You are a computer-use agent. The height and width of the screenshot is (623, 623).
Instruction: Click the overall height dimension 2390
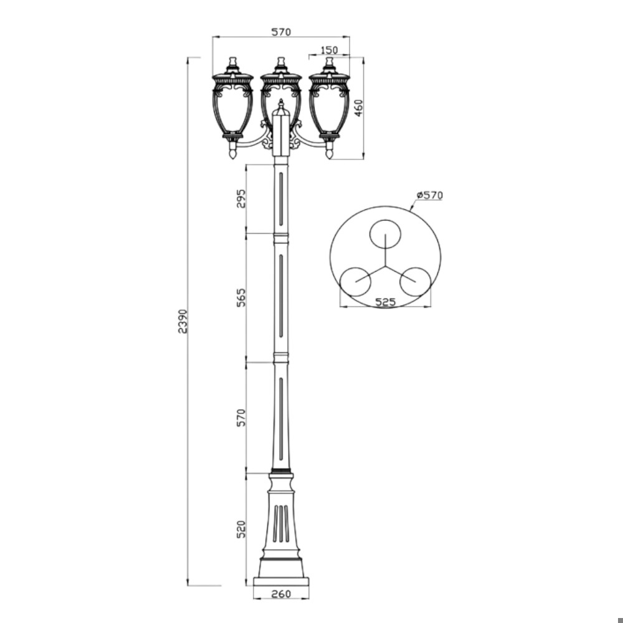183,321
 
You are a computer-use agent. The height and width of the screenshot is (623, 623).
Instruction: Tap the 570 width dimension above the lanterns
282,32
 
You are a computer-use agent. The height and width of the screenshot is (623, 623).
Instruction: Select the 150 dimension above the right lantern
329,50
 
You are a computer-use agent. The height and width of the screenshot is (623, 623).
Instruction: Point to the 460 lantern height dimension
358,108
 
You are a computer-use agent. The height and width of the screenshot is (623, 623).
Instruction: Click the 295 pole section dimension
241,198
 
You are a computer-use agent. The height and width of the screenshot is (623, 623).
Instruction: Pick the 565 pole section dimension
241,297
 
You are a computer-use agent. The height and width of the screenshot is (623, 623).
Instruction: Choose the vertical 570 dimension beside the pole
241,417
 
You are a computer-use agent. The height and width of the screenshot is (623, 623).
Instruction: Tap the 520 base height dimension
241,529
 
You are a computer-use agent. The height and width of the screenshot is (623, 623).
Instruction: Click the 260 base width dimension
282,594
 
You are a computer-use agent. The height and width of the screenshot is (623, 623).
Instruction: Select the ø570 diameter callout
429,195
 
